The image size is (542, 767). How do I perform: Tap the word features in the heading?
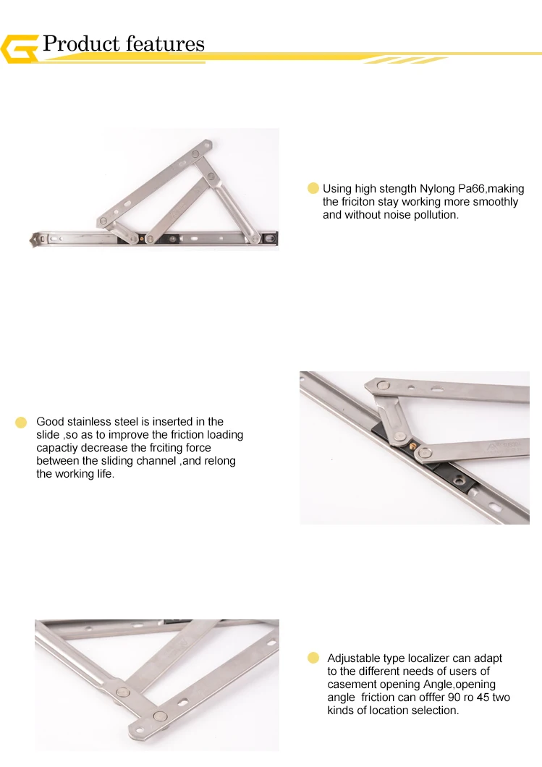pos(164,44)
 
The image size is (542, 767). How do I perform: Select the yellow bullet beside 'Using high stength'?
pos(313,188)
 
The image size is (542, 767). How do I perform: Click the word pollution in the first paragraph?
pos(431,216)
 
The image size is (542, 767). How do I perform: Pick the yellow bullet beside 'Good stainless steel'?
pos(21,422)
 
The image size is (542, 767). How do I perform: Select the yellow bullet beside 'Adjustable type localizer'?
pos(313,658)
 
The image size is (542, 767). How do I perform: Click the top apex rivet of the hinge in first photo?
pos(195,154)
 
